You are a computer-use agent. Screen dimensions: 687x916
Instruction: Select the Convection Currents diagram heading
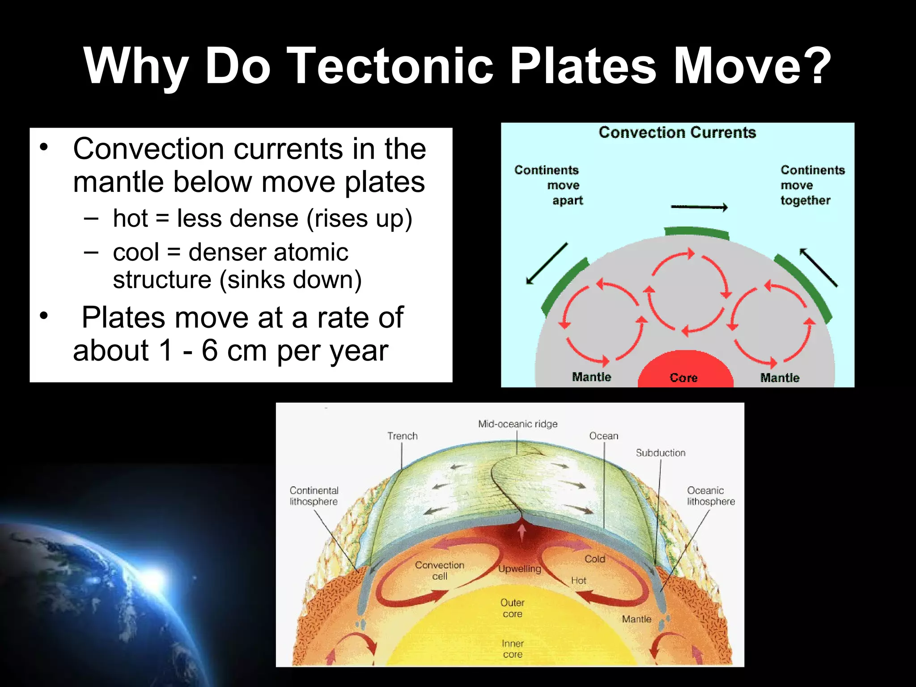pos(677,132)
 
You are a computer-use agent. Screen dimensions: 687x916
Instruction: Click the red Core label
pos(683,377)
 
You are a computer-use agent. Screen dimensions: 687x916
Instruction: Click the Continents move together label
pos(812,185)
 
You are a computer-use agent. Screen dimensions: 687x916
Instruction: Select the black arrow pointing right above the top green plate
pos(699,207)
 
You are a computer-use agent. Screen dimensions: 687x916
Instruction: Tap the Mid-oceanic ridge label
pos(517,424)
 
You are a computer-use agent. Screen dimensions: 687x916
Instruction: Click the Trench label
pos(402,436)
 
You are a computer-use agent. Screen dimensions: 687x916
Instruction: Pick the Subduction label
pos(660,453)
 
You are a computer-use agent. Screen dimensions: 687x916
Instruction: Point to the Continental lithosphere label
pos(314,496)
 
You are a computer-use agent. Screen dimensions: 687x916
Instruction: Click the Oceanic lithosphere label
pos(711,496)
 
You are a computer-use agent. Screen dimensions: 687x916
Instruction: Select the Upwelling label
pos(520,569)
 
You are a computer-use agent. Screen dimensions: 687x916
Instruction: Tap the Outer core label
pos(512,608)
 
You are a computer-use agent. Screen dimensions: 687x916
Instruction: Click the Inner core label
pos(513,649)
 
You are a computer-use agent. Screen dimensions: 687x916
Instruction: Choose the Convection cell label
pos(440,570)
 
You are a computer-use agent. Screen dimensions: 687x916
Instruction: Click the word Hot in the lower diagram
pos(578,581)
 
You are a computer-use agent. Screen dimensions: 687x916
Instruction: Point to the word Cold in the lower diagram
pos(595,559)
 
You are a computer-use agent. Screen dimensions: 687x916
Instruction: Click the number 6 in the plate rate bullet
pos(210,351)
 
